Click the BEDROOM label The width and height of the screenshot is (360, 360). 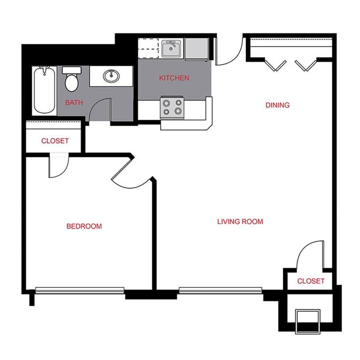pyautogui.click(x=84, y=226)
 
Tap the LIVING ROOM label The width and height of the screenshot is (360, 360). pyautogui.click(x=240, y=221)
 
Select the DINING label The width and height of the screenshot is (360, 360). pyautogui.click(x=277, y=105)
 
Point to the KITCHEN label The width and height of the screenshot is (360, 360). pyautogui.click(x=174, y=78)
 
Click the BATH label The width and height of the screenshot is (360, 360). pyautogui.click(x=74, y=102)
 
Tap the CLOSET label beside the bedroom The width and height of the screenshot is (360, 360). pyautogui.click(x=55, y=141)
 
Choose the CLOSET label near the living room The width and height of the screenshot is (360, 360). pyautogui.click(x=311, y=281)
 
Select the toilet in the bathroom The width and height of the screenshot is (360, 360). pyautogui.click(x=72, y=79)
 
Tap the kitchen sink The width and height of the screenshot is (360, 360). pyautogui.click(x=172, y=49)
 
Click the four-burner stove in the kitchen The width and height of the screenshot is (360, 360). pyautogui.click(x=172, y=107)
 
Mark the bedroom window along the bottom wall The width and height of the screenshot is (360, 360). pyautogui.click(x=80, y=290)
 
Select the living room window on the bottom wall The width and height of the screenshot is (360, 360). pyautogui.click(x=220, y=290)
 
